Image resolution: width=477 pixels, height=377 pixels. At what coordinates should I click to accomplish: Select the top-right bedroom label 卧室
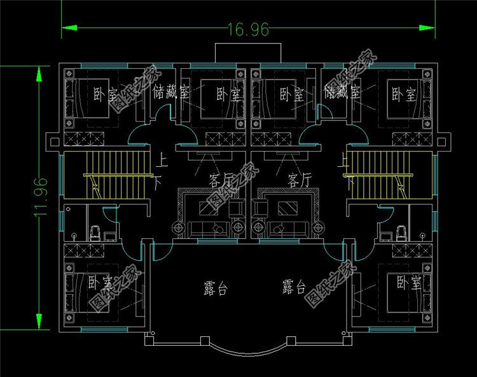403,95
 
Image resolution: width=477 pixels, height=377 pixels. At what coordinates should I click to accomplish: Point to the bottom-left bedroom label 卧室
100,281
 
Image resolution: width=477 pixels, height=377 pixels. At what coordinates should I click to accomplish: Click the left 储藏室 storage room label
171,93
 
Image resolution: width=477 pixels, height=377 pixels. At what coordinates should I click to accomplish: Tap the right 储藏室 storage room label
342,93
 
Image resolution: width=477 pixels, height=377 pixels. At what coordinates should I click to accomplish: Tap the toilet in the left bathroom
95,232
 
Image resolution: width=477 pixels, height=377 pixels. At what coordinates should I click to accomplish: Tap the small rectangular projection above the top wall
247,52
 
